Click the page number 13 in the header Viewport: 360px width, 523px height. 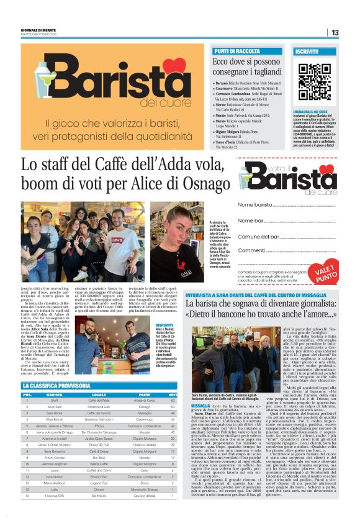point(335,32)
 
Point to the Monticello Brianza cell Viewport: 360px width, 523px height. point(145,489)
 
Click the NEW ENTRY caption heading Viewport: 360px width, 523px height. point(164,325)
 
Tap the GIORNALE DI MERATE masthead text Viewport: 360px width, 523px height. point(38,29)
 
